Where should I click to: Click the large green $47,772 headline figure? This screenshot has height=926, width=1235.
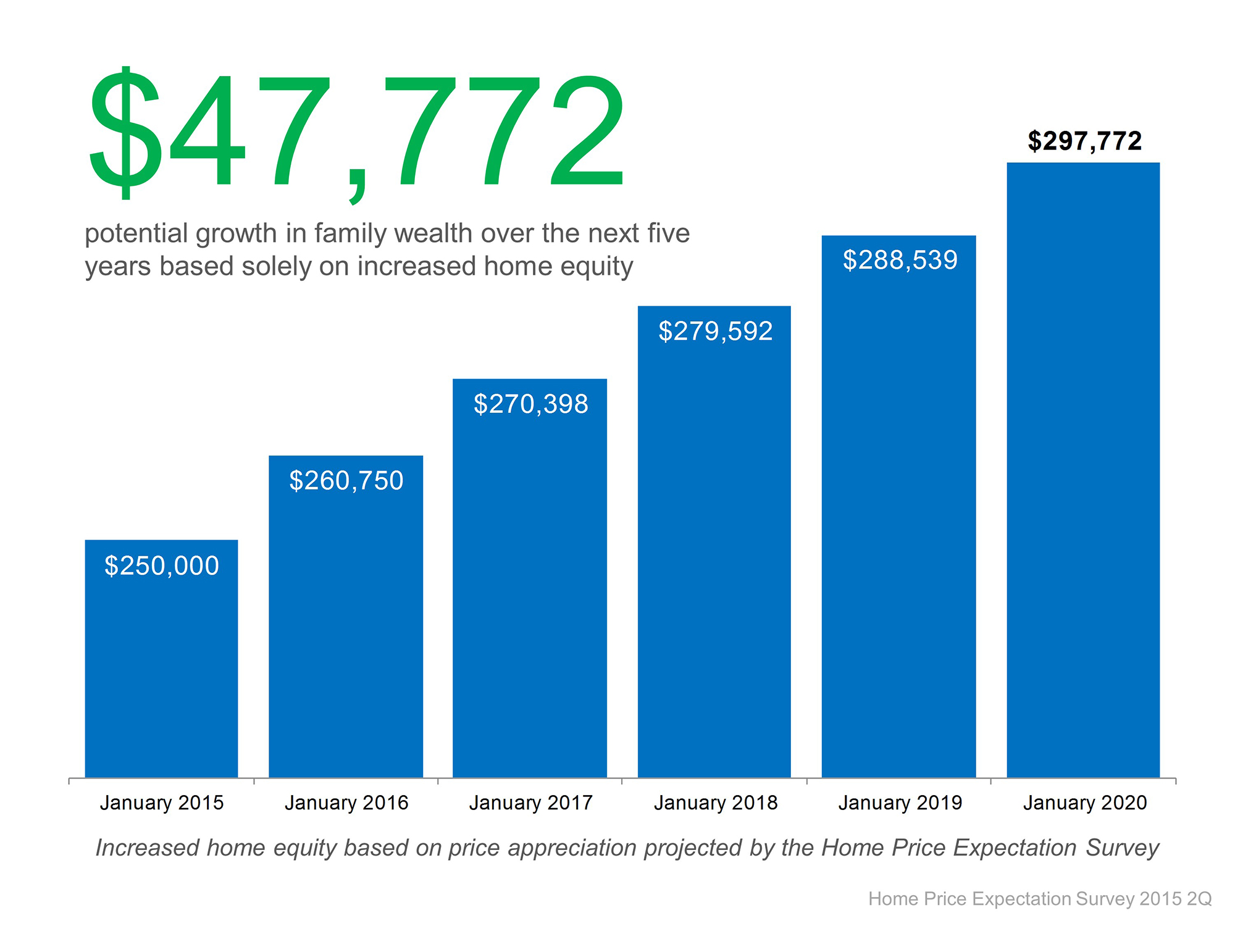pos(357,133)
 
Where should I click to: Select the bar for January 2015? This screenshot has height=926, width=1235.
pos(161,667)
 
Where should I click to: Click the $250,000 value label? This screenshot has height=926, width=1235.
pos(162,566)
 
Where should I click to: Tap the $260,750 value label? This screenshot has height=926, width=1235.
pos(346,481)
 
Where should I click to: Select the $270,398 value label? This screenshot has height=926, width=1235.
pos(531,404)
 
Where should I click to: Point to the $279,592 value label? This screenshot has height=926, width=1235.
pos(716,332)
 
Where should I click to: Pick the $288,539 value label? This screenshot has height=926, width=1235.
pos(900,260)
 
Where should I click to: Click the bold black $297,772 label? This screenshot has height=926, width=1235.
pos(1085,141)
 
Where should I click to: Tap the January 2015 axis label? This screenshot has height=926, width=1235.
pos(162,803)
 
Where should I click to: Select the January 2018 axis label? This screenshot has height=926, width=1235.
pos(716,803)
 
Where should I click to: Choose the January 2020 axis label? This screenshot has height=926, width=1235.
pos(1085,803)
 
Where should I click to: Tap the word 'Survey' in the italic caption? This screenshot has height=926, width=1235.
pos(1122,848)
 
